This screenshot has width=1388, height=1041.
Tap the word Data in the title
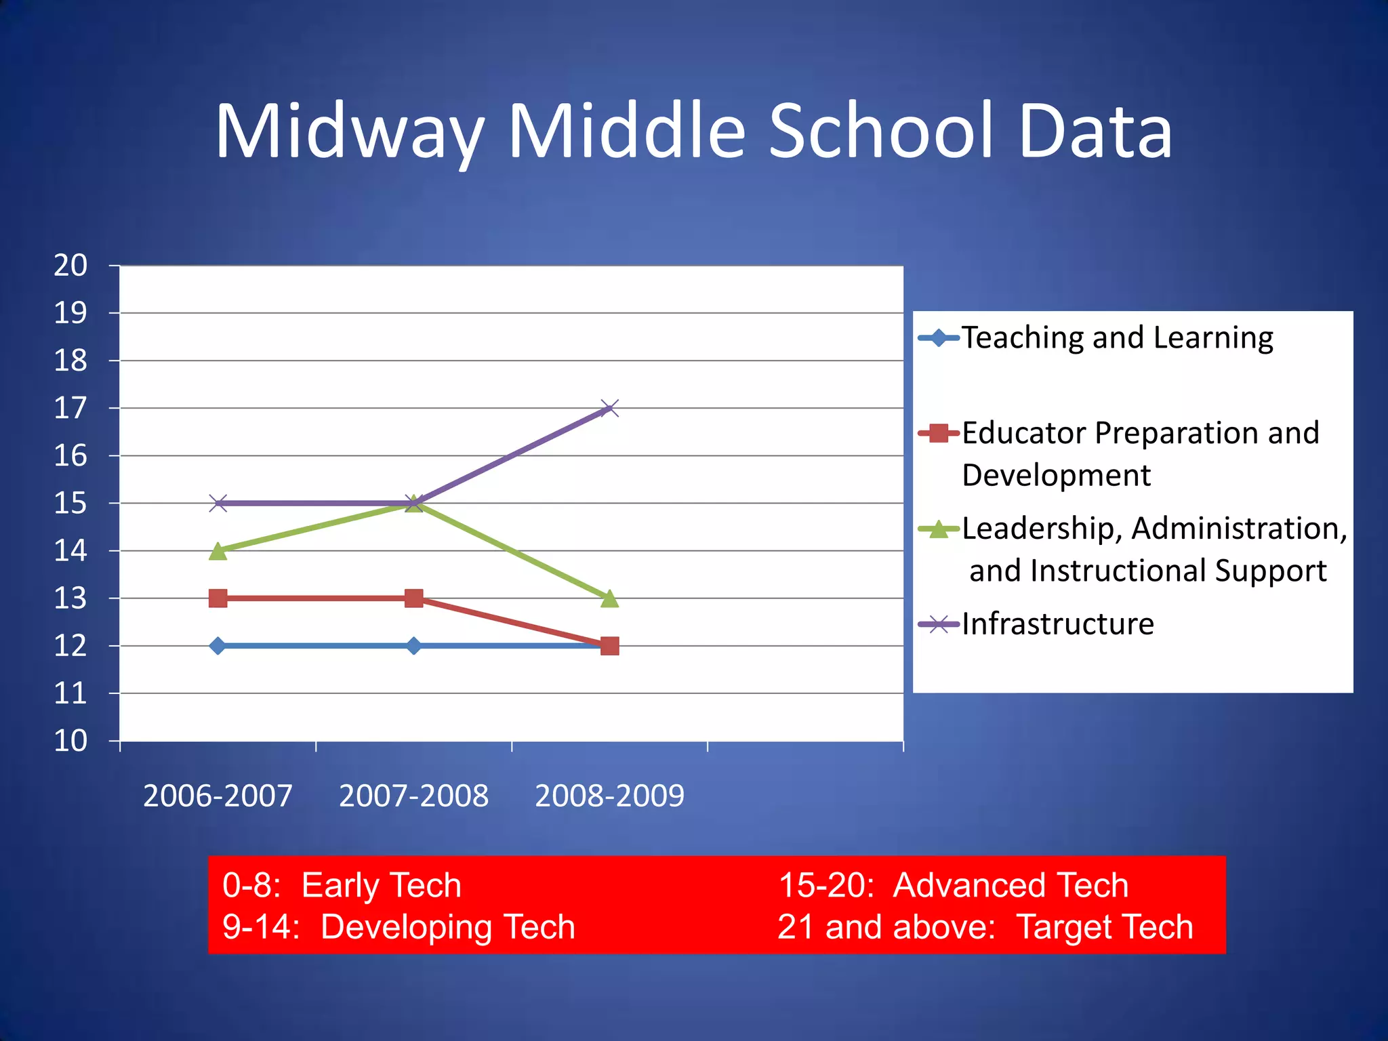coord(1095,132)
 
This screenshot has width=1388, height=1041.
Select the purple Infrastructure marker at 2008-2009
coord(609,408)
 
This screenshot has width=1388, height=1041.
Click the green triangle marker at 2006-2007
coord(218,551)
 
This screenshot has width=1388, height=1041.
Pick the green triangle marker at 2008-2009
coord(609,598)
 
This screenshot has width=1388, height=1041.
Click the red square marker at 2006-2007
coord(218,598)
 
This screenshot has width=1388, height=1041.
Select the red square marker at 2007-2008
coord(413,598)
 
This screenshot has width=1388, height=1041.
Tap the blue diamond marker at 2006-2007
coord(218,646)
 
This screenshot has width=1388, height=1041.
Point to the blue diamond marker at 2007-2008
coord(413,646)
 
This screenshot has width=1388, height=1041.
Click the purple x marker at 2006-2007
coord(218,503)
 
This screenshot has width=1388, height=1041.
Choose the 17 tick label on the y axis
coord(70,409)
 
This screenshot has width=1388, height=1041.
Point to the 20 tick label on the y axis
coord(70,266)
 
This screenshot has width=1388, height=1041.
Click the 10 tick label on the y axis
coord(70,741)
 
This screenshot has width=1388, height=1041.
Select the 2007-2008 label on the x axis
coord(413,796)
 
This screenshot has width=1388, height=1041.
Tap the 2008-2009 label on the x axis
coord(609,796)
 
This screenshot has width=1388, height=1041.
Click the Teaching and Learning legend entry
coord(1117,338)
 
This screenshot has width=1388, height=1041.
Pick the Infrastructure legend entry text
coord(1057,624)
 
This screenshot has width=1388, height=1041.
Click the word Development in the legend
coord(1056,475)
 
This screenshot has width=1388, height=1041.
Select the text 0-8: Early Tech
coord(342,885)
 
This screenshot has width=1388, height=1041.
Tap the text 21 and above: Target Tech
coord(985,927)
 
